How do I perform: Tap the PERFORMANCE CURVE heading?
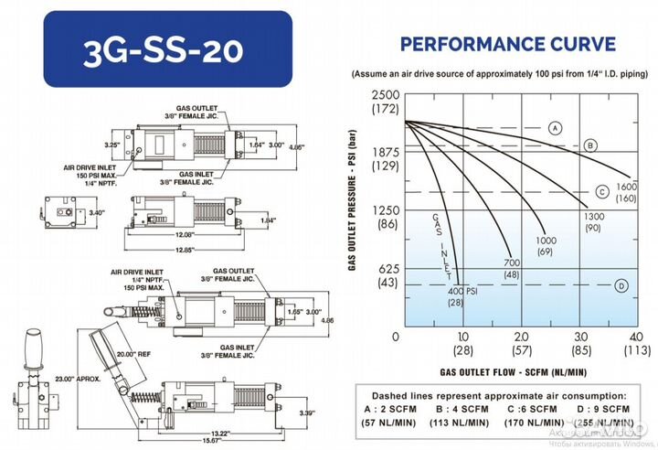coord(508,43)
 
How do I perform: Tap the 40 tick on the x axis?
coord(637,337)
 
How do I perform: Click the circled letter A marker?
coord(555,127)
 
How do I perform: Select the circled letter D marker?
coord(621,285)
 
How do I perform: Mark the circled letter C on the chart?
coord(602,191)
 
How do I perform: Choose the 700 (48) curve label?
coord(512,269)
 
